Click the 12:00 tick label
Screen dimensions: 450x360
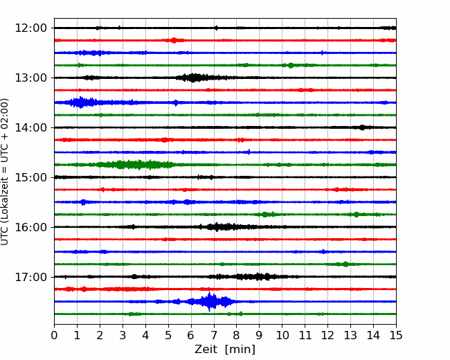coord(30,28)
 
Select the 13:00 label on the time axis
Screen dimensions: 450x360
coord(30,78)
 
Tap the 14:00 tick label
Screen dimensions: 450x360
coord(30,127)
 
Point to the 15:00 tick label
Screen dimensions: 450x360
coord(30,177)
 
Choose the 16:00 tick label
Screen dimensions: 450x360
coord(30,227)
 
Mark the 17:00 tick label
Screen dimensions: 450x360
coord(30,277)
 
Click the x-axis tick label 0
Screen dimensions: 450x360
coord(54,335)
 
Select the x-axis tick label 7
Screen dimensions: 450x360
coord(214,335)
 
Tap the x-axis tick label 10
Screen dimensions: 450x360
coord(282,335)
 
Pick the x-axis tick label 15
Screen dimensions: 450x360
coord(396,335)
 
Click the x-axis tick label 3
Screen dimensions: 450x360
coord(123,335)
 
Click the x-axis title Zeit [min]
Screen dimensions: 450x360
coord(225,350)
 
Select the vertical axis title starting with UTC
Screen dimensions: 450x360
coord(4,172)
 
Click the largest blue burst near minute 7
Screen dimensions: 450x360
coord(210,301)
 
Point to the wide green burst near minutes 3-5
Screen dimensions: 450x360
coord(135,165)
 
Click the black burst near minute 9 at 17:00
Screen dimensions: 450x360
coord(255,277)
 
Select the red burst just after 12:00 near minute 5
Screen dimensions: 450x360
coord(174,40)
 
